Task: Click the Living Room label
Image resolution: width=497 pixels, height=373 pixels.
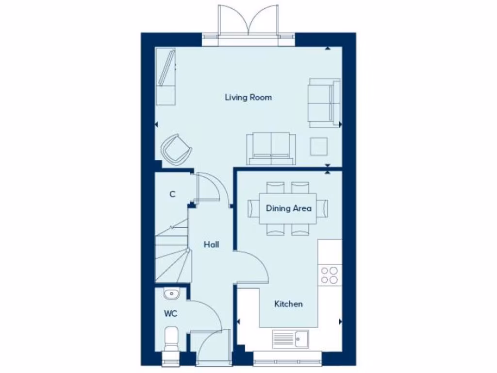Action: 248,97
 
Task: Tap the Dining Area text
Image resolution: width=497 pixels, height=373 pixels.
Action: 288,208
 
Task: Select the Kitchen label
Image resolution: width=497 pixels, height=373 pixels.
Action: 288,304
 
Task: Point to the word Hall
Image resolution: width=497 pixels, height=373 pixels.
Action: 211,245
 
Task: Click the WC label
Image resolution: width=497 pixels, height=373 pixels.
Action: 170,314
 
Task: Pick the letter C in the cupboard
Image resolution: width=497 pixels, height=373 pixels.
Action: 172,194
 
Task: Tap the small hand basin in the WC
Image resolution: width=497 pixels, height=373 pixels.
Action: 171,293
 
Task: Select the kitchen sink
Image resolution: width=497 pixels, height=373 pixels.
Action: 290,339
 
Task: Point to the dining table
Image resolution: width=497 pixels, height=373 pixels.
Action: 288,208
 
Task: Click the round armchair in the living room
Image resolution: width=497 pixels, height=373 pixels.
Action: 176,149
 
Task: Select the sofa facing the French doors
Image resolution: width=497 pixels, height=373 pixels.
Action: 271,148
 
